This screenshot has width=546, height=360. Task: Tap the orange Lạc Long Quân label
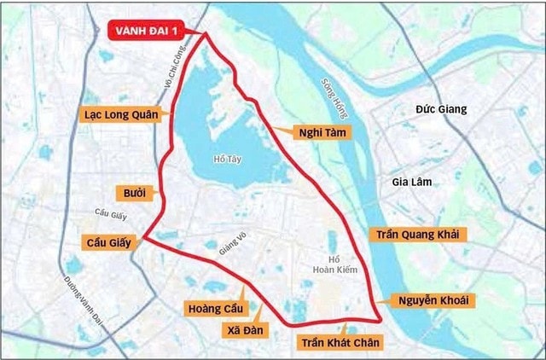tap(121, 113)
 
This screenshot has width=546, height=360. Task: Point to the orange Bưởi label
tap(134, 193)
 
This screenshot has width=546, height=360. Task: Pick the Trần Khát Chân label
tap(340, 342)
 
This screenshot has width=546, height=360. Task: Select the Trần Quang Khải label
tap(418, 233)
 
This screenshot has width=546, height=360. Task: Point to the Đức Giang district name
tap(441, 109)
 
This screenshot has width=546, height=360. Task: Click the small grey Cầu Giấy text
tap(111, 212)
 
